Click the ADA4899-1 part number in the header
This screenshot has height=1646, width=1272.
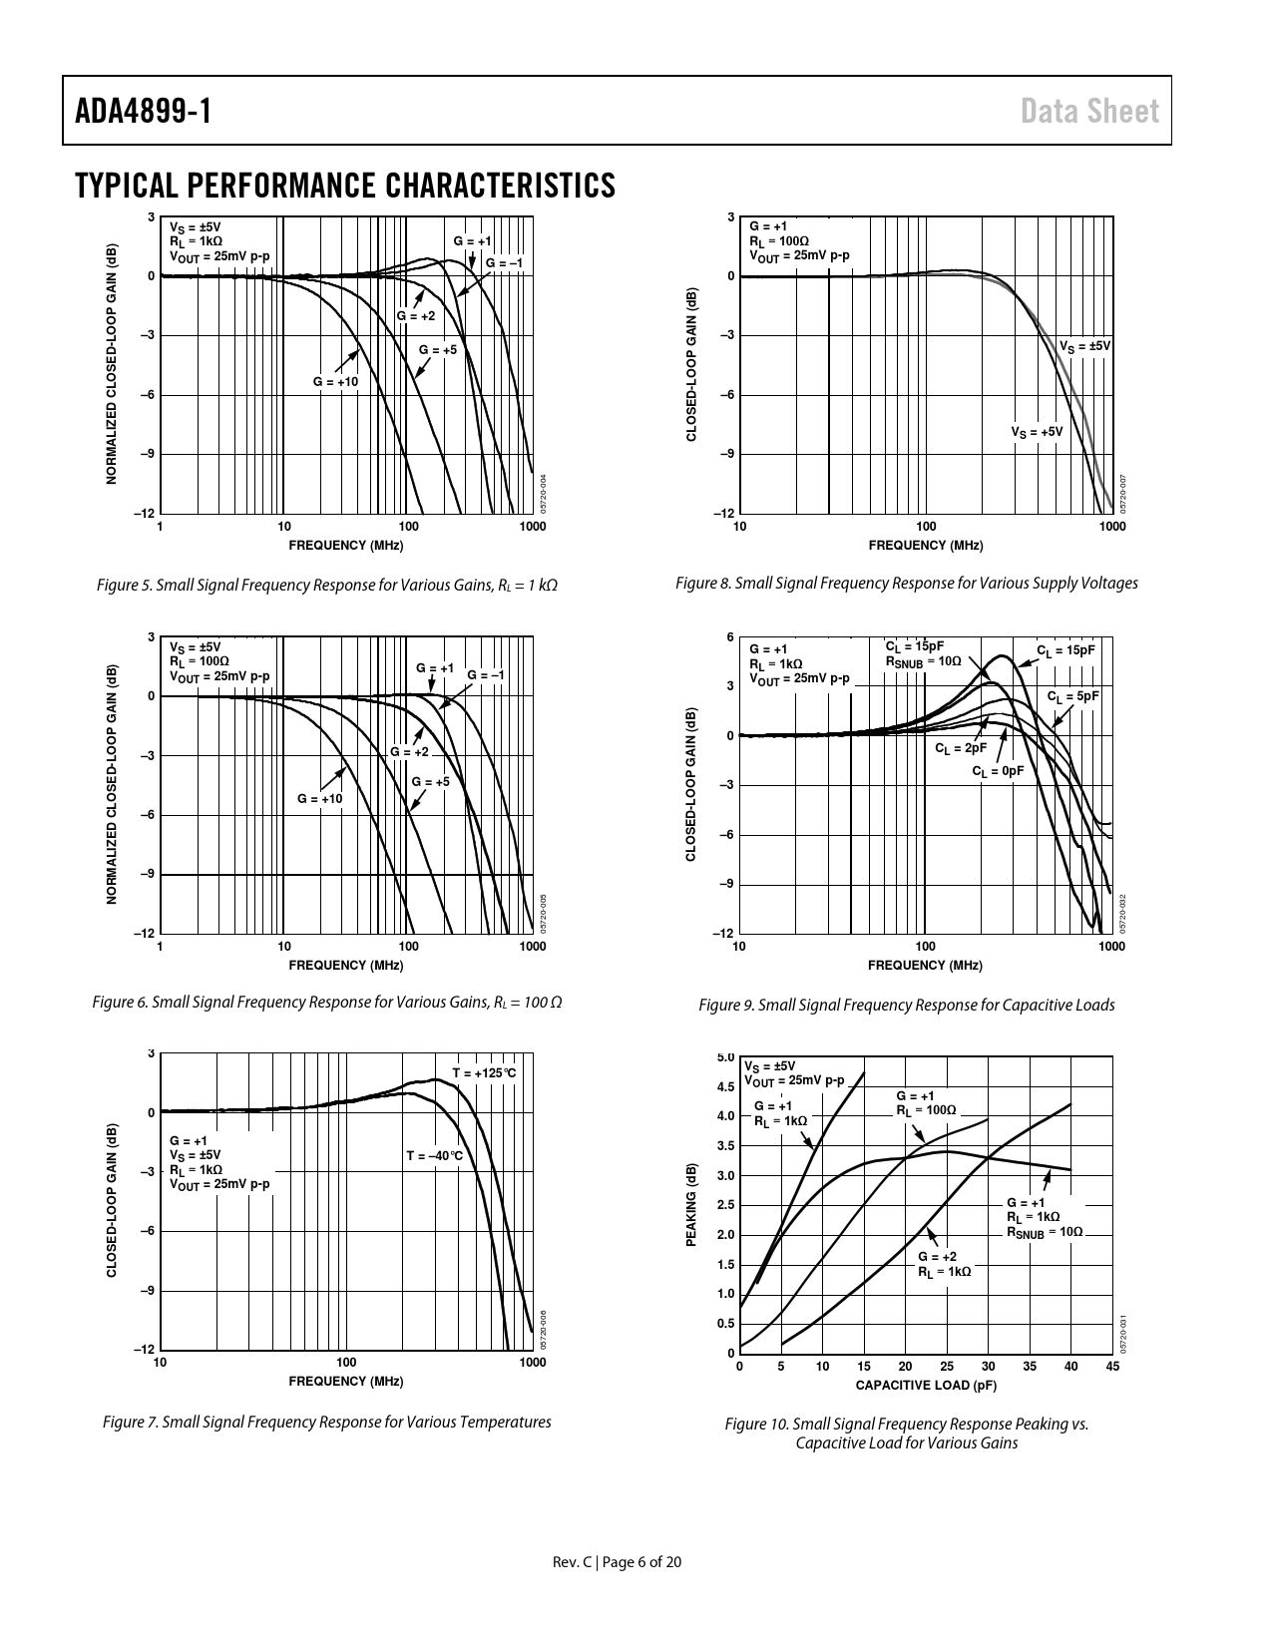click(x=144, y=111)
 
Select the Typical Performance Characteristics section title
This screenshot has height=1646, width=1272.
click(x=345, y=186)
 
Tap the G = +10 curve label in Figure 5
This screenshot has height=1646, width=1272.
click(x=335, y=382)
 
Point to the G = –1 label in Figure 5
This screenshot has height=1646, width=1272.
click(x=504, y=262)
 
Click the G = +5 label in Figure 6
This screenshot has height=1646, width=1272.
click(x=431, y=782)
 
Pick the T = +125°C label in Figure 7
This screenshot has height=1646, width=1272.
click(x=484, y=1073)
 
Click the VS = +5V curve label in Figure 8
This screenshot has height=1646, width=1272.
click(x=1037, y=432)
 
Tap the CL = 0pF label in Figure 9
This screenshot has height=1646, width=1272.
click(x=998, y=771)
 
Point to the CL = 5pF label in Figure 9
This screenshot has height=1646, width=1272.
click(x=1072, y=695)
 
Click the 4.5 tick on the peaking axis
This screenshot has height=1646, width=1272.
click(x=726, y=1086)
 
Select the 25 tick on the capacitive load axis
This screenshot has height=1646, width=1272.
click(x=947, y=1367)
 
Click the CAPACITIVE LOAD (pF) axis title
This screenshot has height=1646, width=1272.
click(x=926, y=1386)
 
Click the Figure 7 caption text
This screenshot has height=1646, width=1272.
click(x=327, y=1423)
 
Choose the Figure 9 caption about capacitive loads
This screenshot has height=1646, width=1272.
click(x=906, y=1005)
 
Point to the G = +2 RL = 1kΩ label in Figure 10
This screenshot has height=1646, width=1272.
click(x=944, y=1264)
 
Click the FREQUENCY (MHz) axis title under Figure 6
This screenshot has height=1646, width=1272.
click(x=345, y=966)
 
